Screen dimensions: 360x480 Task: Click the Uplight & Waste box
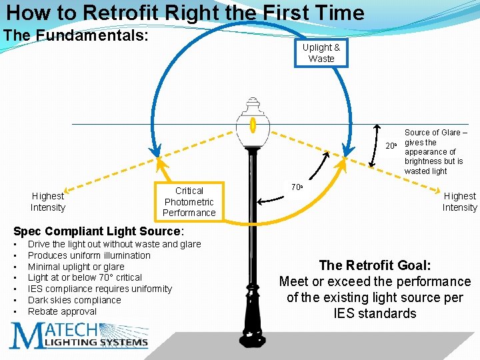[x=321, y=53]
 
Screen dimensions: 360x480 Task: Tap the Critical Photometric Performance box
[x=189, y=201]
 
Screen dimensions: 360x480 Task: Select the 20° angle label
[x=391, y=145]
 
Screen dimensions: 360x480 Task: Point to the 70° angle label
[x=297, y=188]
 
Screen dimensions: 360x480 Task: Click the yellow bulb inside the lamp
[x=253, y=125]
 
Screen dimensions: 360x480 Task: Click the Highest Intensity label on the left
[x=48, y=201]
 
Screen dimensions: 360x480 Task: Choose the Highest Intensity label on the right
[x=459, y=201]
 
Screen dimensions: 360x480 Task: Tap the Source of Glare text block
[x=435, y=152]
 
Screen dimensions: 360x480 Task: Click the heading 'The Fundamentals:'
[x=76, y=35]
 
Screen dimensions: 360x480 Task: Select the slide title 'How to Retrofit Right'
[x=185, y=13]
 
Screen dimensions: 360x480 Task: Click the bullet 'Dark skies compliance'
[x=74, y=300]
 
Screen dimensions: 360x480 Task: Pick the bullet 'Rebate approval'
[x=62, y=311]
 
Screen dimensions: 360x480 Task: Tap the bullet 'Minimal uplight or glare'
[x=76, y=266]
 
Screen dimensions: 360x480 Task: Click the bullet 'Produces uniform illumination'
[x=89, y=255]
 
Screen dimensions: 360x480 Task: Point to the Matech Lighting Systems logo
[x=79, y=335]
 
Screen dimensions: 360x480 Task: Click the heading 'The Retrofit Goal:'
[x=374, y=265]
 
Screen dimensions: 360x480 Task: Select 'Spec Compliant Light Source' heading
[x=98, y=231]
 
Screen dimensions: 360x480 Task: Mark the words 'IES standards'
[x=374, y=313]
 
